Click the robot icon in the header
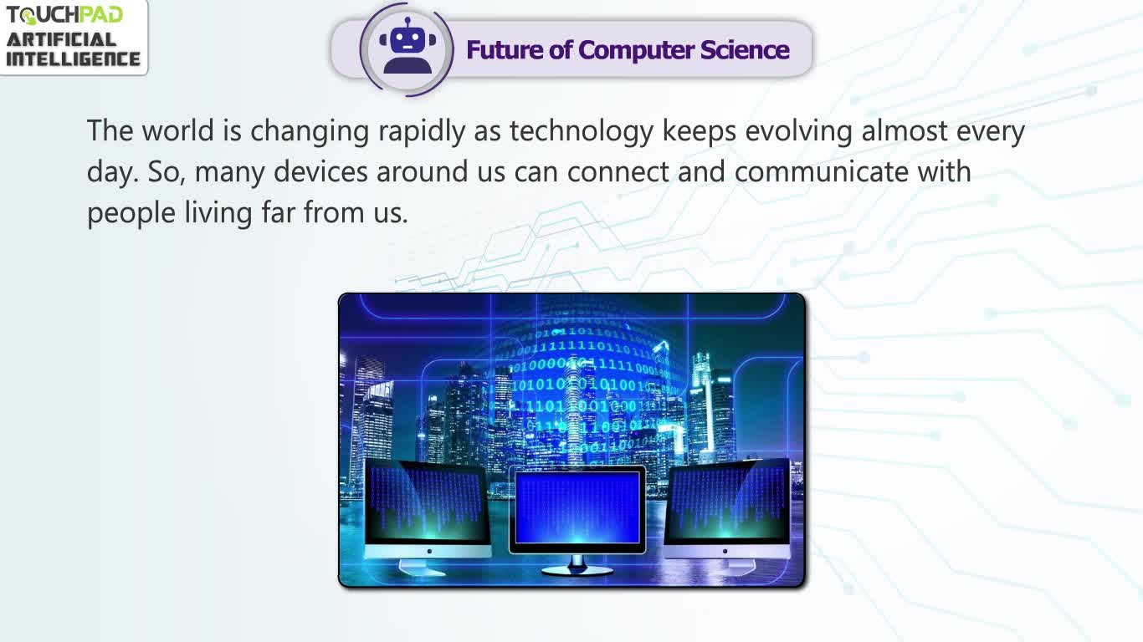(407, 46)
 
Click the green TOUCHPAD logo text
(64, 15)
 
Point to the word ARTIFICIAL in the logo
(61, 40)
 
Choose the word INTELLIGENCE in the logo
(73, 59)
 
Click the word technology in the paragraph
(582, 131)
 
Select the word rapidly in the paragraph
(421, 131)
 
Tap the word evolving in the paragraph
(798, 131)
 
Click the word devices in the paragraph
(320, 171)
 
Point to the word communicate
(822, 171)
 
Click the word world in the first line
(177, 130)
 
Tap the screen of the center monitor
(577, 508)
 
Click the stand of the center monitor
(577, 565)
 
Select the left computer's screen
(426, 502)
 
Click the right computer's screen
(727, 502)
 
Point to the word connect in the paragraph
(618, 172)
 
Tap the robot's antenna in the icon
(407, 23)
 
